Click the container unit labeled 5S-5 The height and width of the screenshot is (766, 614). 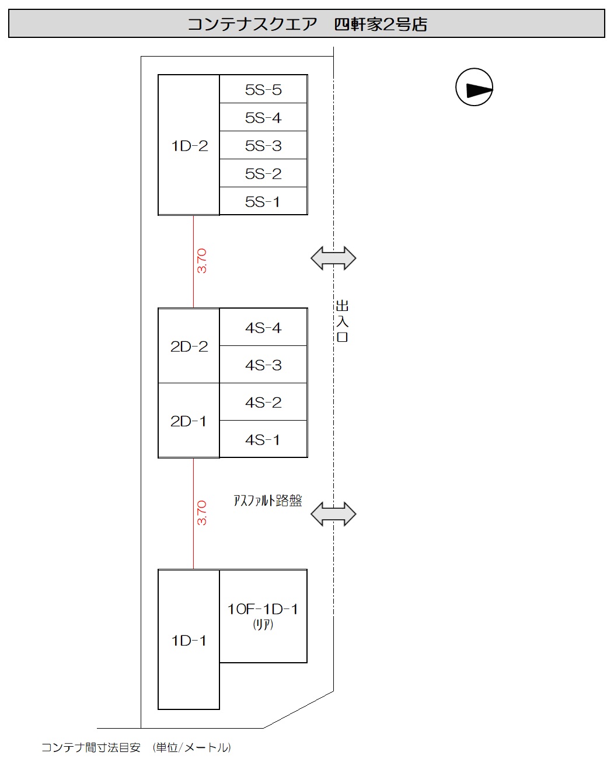click(x=263, y=89)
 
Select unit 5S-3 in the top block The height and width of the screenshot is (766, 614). click(x=263, y=145)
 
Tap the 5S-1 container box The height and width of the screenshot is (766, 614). click(x=263, y=201)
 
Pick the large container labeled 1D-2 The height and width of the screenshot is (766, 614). click(x=189, y=145)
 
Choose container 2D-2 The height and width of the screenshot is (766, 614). click(x=189, y=346)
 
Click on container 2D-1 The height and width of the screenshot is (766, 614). click(x=189, y=421)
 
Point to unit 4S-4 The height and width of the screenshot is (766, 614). click(x=263, y=327)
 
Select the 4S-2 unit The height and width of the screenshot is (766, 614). click(x=263, y=402)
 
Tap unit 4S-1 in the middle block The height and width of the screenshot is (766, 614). click(x=263, y=439)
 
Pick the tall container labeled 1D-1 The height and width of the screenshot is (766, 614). click(x=189, y=640)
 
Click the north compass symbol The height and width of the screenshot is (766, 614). click(x=475, y=88)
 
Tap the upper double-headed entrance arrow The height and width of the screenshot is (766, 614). click(x=333, y=258)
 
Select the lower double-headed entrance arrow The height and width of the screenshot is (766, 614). click(x=333, y=515)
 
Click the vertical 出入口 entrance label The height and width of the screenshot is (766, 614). click(x=342, y=321)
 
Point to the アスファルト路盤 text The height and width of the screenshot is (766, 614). click(x=268, y=501)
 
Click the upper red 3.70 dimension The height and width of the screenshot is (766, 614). click(x=201, y=261)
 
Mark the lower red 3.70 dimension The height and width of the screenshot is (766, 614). click(x=201, y=512)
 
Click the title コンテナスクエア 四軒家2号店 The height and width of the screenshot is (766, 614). click(x=307, y=24)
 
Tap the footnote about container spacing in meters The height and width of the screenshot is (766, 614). click(x=136, y=747)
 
